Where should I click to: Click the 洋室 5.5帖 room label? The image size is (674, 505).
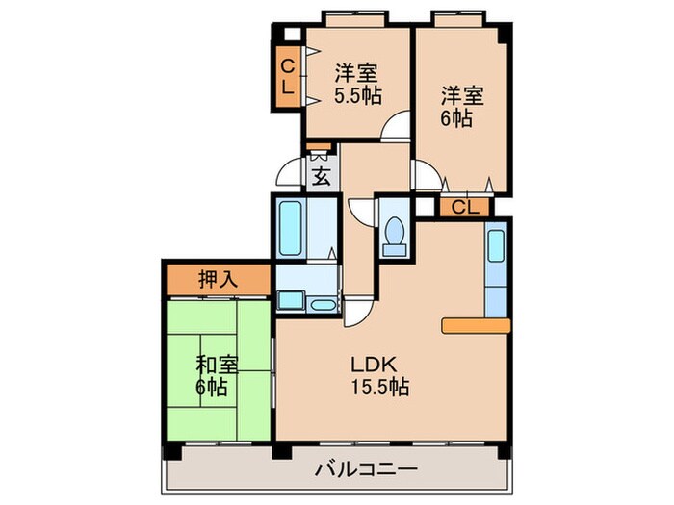[355, 84]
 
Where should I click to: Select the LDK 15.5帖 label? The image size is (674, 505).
[378, 376]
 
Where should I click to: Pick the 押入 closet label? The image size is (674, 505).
[217, 281]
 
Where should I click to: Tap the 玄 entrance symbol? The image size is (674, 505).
[322, 176]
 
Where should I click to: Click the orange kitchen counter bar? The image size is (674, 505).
[475, 326]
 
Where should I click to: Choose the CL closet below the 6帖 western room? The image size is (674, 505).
[465, 207]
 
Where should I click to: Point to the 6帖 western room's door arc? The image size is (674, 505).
[423, 175]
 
